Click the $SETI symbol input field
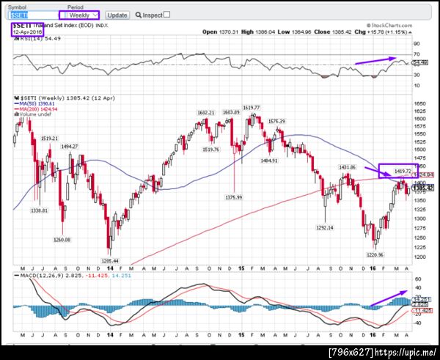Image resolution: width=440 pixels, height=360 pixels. (32, 15)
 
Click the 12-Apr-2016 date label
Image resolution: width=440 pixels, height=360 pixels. (27, 32)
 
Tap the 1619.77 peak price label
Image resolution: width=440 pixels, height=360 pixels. (253, 107)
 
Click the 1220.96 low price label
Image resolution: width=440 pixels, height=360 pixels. (375, 254)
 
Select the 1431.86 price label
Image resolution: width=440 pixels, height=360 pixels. (347, 167)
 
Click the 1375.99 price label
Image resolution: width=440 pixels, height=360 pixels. (234, 196)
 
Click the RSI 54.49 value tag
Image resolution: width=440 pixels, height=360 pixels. (419, 62)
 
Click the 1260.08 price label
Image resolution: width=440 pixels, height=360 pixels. (61, 239)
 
